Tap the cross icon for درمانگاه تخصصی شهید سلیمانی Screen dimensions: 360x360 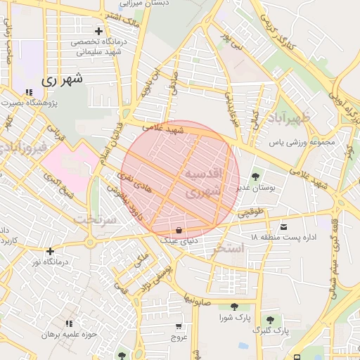98,31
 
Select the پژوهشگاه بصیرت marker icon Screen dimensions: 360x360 29,92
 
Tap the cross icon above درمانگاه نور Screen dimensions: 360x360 50,251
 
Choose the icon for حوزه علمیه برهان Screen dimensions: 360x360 68,323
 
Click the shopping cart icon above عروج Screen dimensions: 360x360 179,326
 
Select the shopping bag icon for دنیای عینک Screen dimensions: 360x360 179,230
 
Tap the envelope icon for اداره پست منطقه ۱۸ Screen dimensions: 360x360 283,226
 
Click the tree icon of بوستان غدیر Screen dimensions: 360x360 255,176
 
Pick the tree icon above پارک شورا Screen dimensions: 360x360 233,306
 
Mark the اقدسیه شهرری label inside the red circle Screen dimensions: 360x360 205,181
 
